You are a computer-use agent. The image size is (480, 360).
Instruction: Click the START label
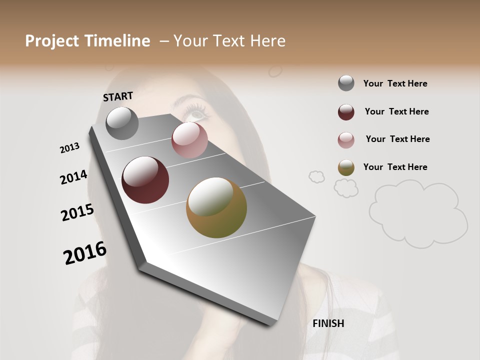coord(118,96)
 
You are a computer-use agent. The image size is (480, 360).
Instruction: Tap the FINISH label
coord(328,323)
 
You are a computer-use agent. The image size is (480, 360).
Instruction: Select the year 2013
coord(69,148)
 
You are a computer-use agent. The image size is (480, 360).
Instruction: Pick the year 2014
coord(73,177)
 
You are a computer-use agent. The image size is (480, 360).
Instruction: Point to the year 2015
coord(77,212)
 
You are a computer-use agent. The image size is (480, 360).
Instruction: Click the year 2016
coord(85,253)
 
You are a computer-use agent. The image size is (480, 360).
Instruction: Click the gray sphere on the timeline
coord(122,123)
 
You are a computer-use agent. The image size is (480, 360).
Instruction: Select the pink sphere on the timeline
coord(189,140)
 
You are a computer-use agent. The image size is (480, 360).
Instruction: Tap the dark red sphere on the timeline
coord(145,180)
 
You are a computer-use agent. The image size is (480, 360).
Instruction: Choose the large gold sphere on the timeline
coord(216,207)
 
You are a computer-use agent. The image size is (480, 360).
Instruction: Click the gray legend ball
coord(346,83)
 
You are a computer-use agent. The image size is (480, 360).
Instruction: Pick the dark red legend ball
coord(346,112)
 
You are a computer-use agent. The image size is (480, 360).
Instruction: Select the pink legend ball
coord(346,140)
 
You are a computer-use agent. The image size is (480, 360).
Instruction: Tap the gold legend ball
coord(346,167)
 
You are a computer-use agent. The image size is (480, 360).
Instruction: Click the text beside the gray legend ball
coord(395,83)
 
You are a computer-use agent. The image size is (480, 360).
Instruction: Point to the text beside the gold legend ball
coord(395,167)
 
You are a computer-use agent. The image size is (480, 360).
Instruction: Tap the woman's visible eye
coord(197,114)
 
